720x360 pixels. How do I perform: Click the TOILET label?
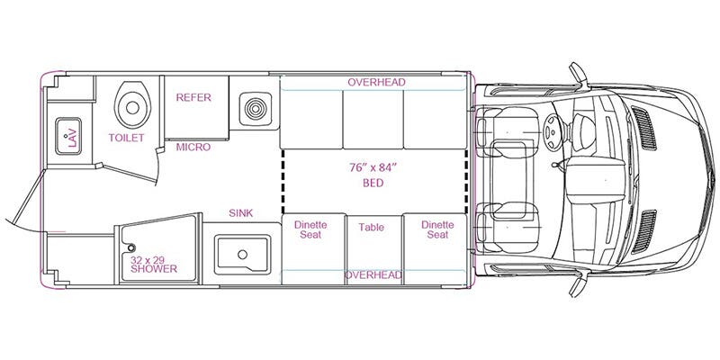tap(127, 138)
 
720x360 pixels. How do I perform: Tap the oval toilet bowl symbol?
tap(130, 104)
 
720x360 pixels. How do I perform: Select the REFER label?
tap(193, 97)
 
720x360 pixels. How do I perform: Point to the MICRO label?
tap(193, 146)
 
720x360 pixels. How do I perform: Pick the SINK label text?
tap(241, 212)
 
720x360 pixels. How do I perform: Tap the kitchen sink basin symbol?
tap(242, 254)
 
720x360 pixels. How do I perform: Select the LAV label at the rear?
tap(70, 138)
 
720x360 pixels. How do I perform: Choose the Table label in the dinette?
tap(371, 228)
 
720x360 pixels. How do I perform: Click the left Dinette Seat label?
tap(310, 229)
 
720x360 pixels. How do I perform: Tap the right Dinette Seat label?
tap(436, 229)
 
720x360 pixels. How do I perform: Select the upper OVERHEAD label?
tap(376, 82)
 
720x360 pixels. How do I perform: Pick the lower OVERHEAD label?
tap(373, 274)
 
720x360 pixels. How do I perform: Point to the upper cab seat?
tap(508, 130)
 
